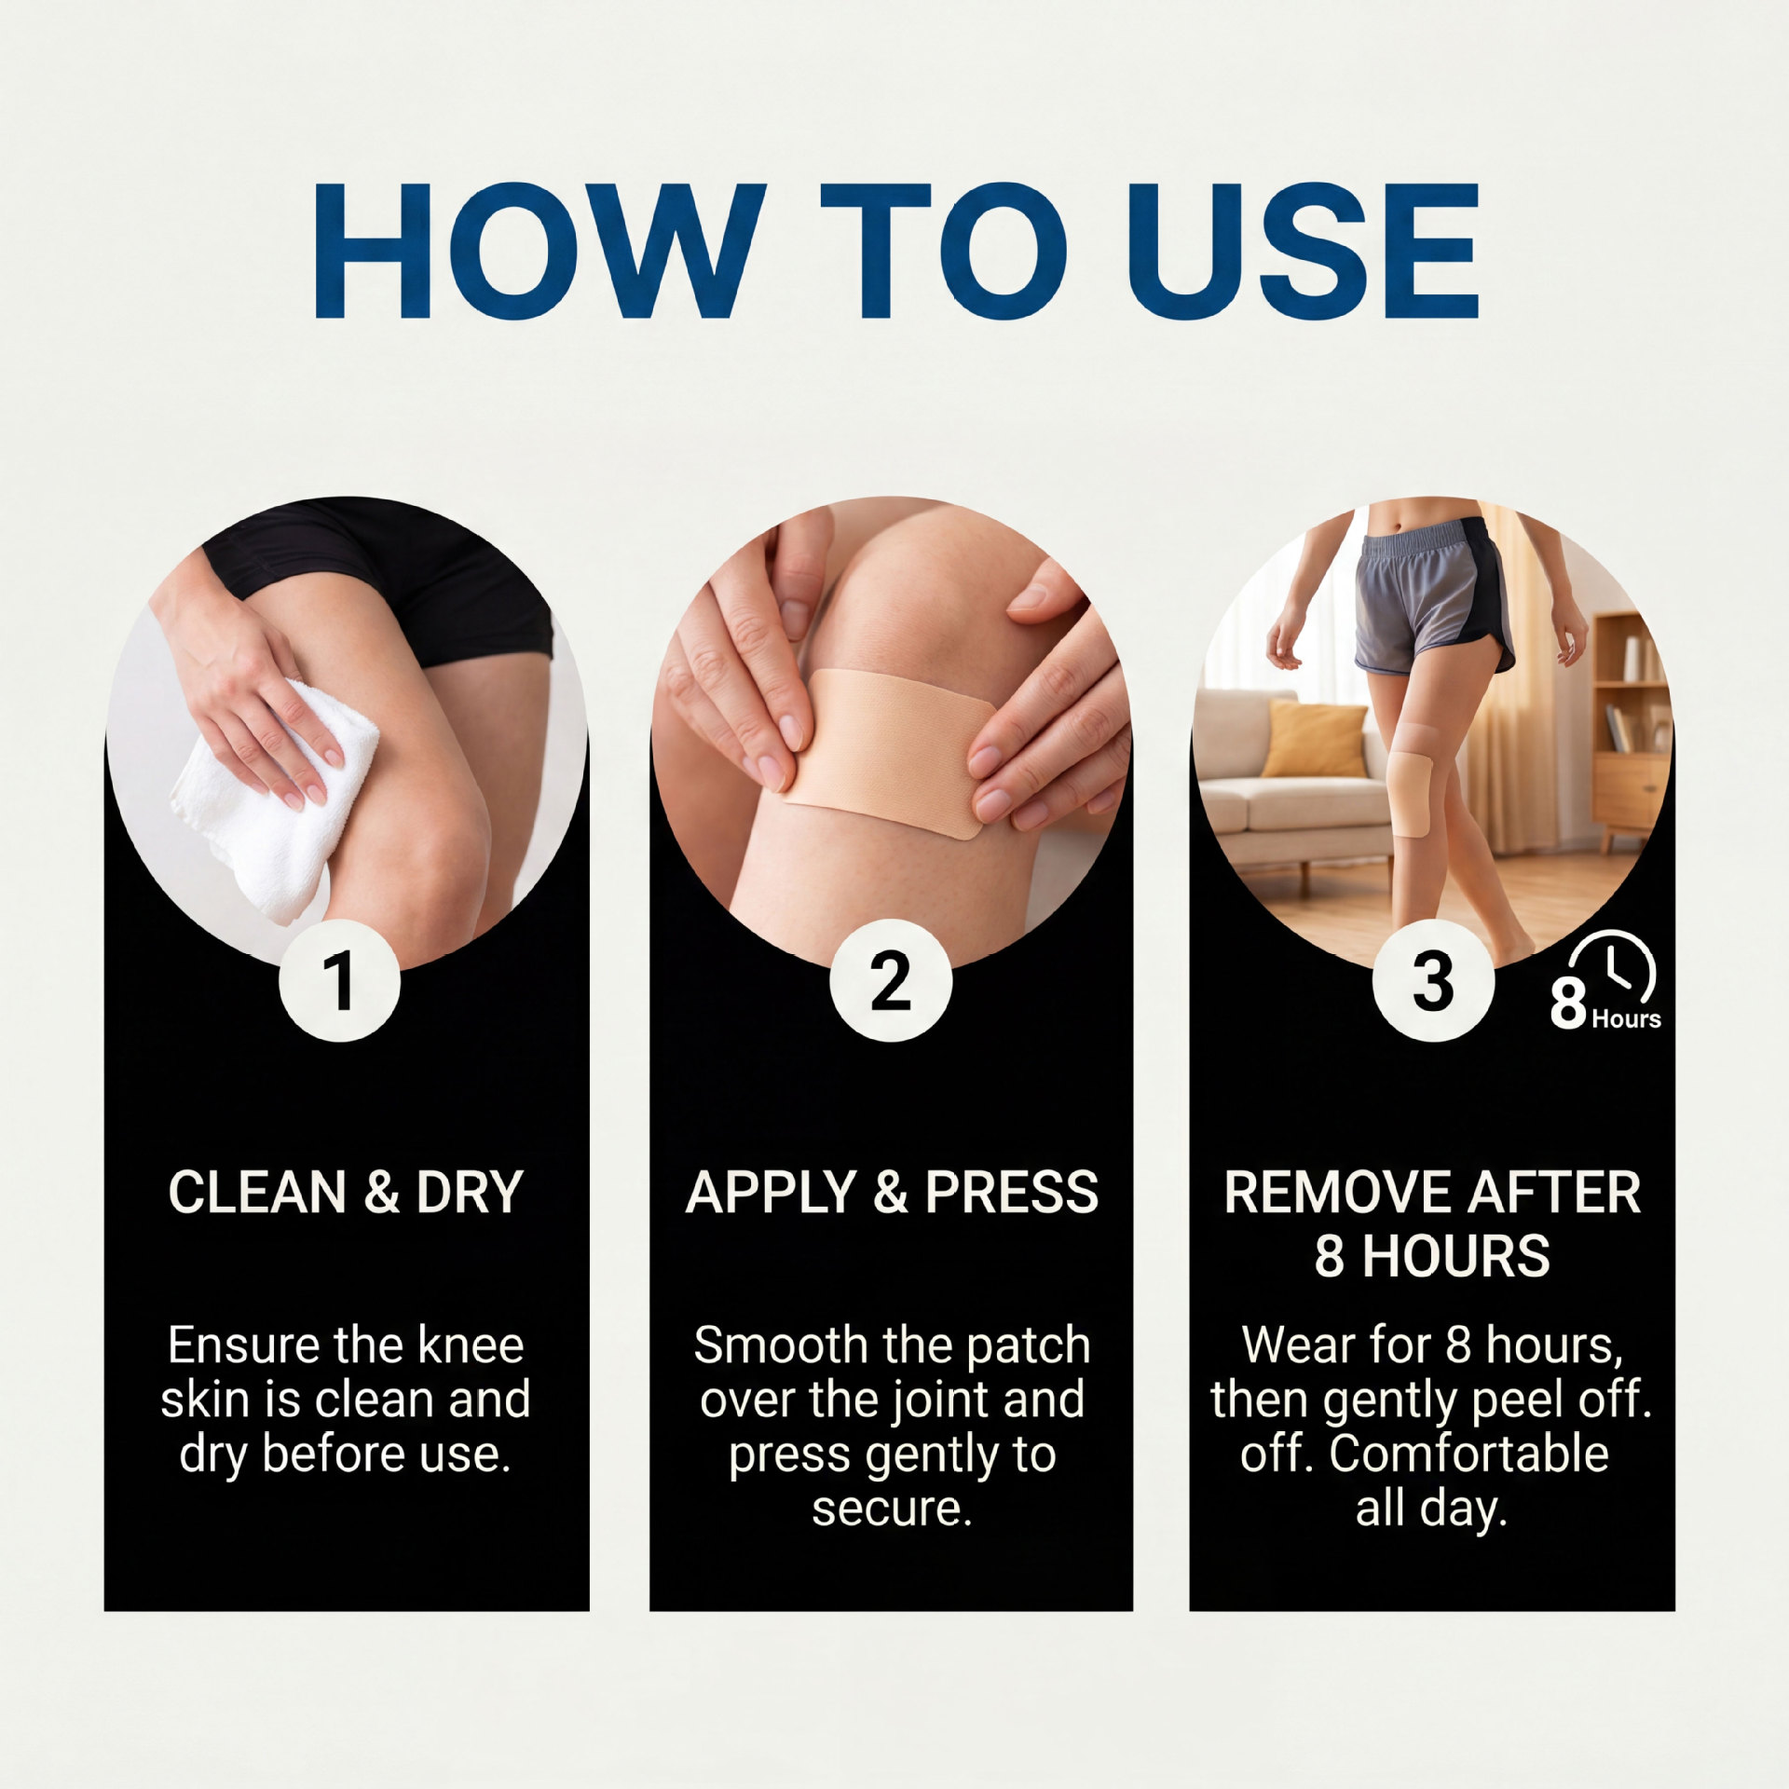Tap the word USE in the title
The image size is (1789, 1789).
click(1302, 250)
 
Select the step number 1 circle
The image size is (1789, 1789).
click(339, 980)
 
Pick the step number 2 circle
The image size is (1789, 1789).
click(891, 980)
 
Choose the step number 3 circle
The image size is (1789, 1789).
click(1433, 980)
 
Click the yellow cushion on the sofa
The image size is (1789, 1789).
click(1314, 739)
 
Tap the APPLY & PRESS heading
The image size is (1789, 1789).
click(892, 1192)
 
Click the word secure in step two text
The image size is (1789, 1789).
click(892, 1509)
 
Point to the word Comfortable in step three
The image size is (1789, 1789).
click(1469, 1454)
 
